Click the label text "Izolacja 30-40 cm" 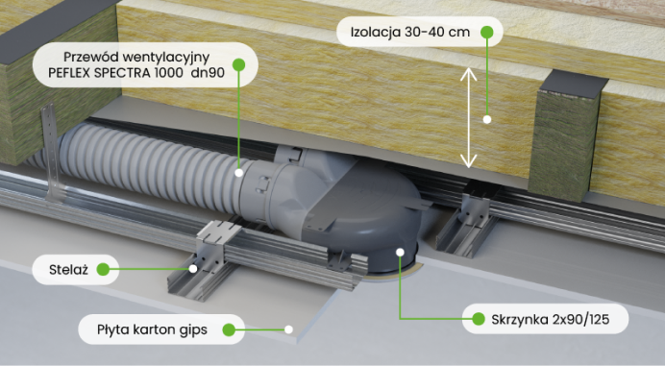tap(410, 32)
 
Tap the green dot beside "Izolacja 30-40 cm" tap(487, 32)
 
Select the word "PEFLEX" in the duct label tap(69, 73)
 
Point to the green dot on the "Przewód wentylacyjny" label tap(238, 64)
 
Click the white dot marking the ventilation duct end tap(238, 173)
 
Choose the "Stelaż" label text tap(68, 270)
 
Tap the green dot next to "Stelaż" tap(103, 269)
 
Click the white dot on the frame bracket tap(193, 268)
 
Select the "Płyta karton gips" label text tap(152, 329)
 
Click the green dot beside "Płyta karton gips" tap(229, 329)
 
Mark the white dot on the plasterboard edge tap(288, 329)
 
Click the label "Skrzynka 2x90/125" tap(550, 319)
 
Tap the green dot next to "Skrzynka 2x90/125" tap(479, 319)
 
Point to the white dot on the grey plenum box tap(400, 253)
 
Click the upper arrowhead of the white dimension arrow tap(469, 73)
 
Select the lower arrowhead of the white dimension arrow tap(469, 161)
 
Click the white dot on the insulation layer tap(487, 119)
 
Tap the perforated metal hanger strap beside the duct tap(51, 152)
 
